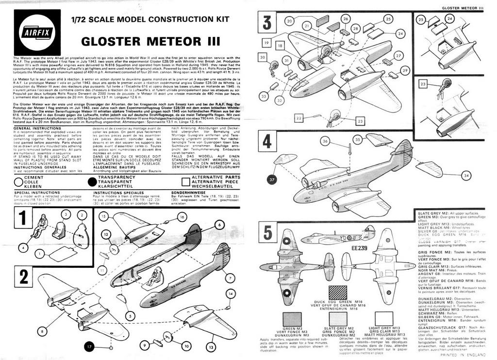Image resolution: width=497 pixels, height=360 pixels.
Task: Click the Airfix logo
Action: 37,33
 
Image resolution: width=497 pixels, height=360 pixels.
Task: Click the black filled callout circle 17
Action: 89,346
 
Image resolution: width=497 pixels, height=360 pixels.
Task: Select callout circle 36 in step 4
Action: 326,141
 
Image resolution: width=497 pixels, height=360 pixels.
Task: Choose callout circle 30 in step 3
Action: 263,58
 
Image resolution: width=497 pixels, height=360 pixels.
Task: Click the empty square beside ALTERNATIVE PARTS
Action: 184,182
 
